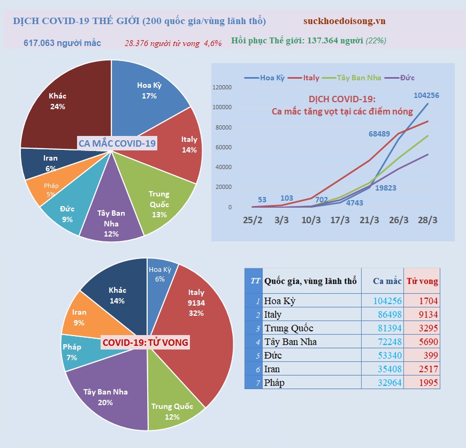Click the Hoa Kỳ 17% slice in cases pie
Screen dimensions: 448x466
click(147, 90)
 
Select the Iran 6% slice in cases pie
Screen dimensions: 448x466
click(51, 163)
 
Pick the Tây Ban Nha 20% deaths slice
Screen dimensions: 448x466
click(105, 397)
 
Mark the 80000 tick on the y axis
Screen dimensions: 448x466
click(222, 127)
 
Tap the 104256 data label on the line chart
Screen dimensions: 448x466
click(426, 96)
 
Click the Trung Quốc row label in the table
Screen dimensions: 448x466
click(289, 328)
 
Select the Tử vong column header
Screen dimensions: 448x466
click(422, 281)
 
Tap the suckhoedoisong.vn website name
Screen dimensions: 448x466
click(344, 21)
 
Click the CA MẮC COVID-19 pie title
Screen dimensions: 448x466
click(117, 143)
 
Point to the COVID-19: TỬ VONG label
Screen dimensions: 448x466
click(146, 342)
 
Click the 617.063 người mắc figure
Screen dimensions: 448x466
click(62, 42)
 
